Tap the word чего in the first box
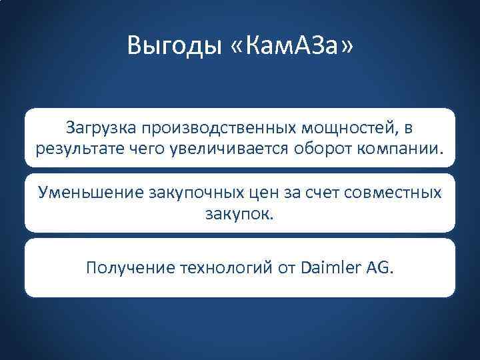[152, 146]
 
